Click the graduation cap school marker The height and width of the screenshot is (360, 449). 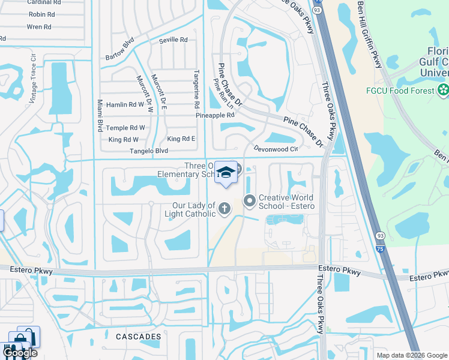pyautogui.click(x=226, y=172)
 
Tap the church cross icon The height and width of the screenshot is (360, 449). pyautogui.click(x=224, y=209)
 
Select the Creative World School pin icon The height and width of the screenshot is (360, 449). pyautogui.click(x=249, y=201)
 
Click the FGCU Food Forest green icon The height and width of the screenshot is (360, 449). pyautogui.click(x=443, y=91)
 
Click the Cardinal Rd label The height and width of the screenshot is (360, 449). pyautogui.click(x=41, y=2)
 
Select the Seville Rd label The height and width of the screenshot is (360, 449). pyautogui.click(x=173, y=40)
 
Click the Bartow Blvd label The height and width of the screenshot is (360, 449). pyautogui.click(x=119, y=49)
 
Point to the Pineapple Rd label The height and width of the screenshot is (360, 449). pyautogui.click(x=215, y=115)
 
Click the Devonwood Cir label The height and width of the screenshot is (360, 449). pyautogui.click(x=276, y=148)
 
